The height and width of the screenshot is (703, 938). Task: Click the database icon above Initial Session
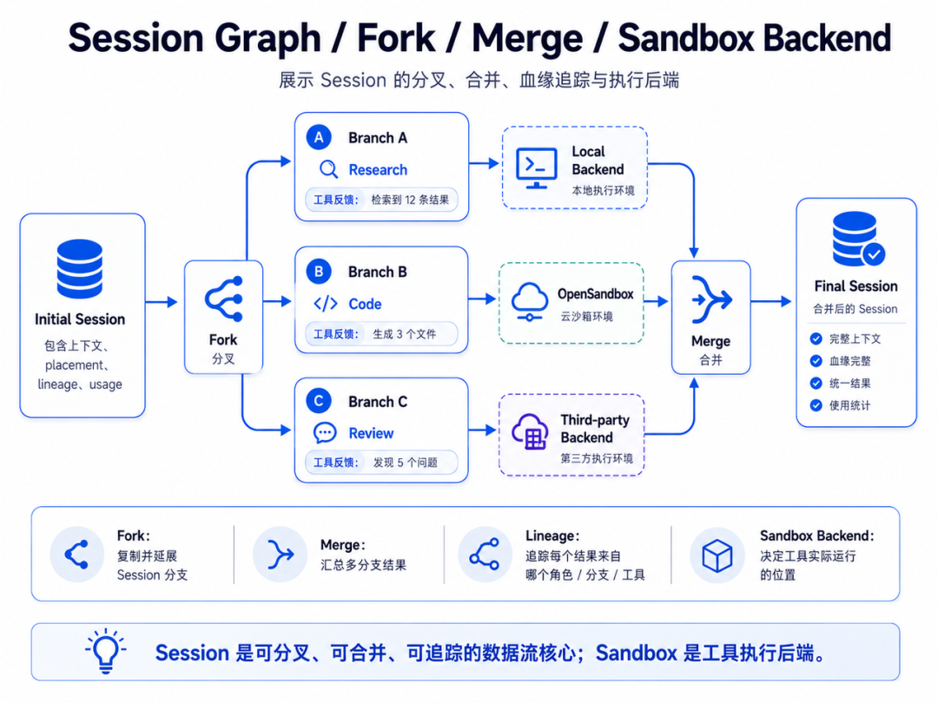[80, 268]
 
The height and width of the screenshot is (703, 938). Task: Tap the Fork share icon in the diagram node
[224, 299]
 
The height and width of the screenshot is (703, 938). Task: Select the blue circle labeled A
[319, 137]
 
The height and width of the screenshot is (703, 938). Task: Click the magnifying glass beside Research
[328, 170]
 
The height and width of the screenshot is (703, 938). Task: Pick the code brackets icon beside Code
[326, 304]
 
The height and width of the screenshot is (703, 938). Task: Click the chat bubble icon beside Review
[325, 433]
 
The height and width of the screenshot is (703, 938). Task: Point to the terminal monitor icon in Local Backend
[536, 168]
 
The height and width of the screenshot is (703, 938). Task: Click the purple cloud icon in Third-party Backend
[530, 431]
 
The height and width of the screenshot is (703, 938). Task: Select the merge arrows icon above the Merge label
[711, 299]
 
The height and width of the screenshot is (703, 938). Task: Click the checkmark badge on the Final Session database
[874, 254]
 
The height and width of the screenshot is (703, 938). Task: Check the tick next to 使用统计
[816, 405]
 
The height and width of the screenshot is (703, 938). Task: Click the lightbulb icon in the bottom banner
[106, 650]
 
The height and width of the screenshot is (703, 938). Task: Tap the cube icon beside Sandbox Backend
[717, 555]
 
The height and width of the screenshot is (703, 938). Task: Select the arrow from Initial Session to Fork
[162, 302]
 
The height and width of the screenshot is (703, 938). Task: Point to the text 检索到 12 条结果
[410, 200]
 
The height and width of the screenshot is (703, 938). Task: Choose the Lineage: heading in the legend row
[552, 536]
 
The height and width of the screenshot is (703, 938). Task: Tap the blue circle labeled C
[319, 401]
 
